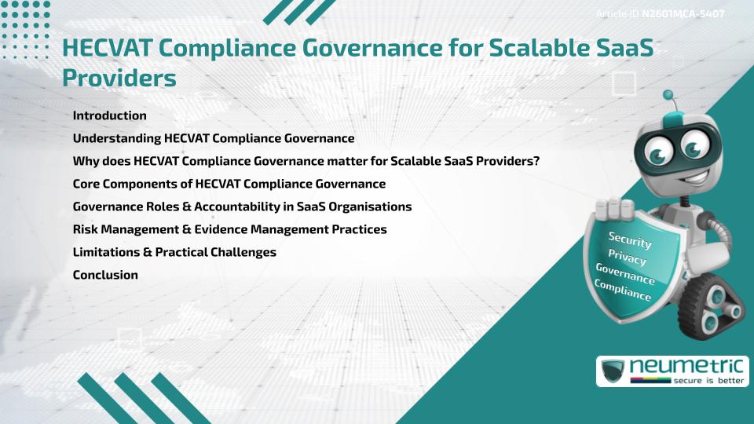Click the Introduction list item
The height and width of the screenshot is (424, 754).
[x=109, y=115]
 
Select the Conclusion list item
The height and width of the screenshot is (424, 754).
[x=105, y=275]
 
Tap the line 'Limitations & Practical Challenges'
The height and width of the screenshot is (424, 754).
[x=174, y=252]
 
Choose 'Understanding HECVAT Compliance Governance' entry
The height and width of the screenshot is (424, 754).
[x=213, y=138]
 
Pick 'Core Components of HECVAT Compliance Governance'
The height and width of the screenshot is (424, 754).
[x=229, y=184]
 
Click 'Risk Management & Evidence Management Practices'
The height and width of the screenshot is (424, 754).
[x=229, y=229]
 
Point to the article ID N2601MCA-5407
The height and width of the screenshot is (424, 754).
[x=683, y=15]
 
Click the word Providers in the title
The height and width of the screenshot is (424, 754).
[x=119, y=79]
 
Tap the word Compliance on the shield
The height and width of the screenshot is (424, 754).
[x=623, y=291]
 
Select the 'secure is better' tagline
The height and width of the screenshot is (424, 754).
[x=702, y=380]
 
